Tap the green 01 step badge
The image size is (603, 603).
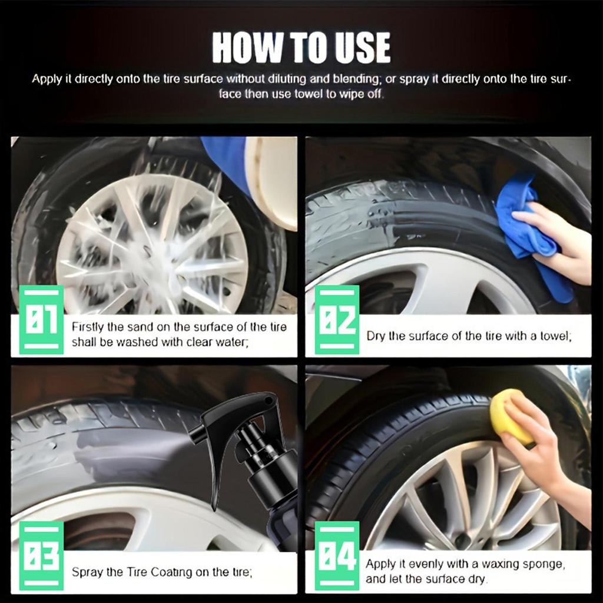[x=41, y=320]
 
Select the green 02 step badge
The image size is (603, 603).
[x=336, y=320]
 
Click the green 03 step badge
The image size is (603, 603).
[x=41, y=556]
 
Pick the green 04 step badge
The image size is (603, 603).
[x=336, y=556]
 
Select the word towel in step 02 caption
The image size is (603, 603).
[x=554, y=336]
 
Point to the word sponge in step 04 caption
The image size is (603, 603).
[x=544, y=564]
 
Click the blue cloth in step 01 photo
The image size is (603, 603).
[x=227, y=159]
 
